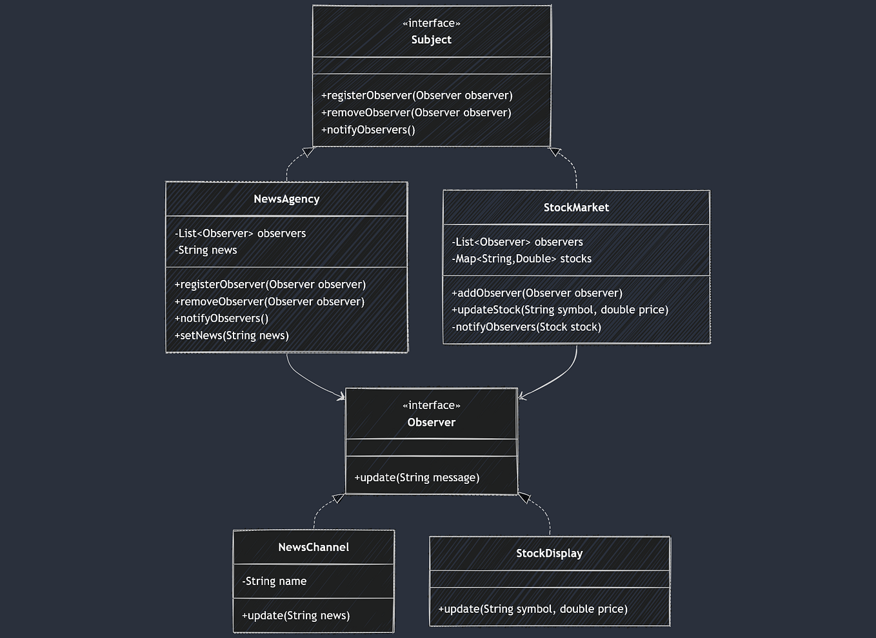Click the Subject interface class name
click(x=431, y=40)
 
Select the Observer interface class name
click(x=431, y=423)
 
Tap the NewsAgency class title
click(x=286, y=199)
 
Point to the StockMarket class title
click(x=576, y=208)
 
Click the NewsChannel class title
click(x=314, y=548)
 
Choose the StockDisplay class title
click(x=549, y=553)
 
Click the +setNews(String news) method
click(x=232, y=335)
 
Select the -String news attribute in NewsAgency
click(x=206, y=250)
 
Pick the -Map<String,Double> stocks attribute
click(x=521, y=259)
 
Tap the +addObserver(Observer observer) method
click(x=537, y=293)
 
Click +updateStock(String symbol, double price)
click(x=560, y=310)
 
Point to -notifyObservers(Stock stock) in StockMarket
click(x=526, y=327)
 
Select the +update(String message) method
click(x=417, y=478)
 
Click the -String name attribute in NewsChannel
click(x=274, y=581)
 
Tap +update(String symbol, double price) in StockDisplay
click(x=533, y=609)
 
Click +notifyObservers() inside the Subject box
click(x=368, y=130)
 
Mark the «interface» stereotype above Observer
click(x=431, y=406)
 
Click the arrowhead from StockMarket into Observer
click(x=523, y=395)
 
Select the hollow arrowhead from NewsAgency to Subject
click(x=308, y=152)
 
